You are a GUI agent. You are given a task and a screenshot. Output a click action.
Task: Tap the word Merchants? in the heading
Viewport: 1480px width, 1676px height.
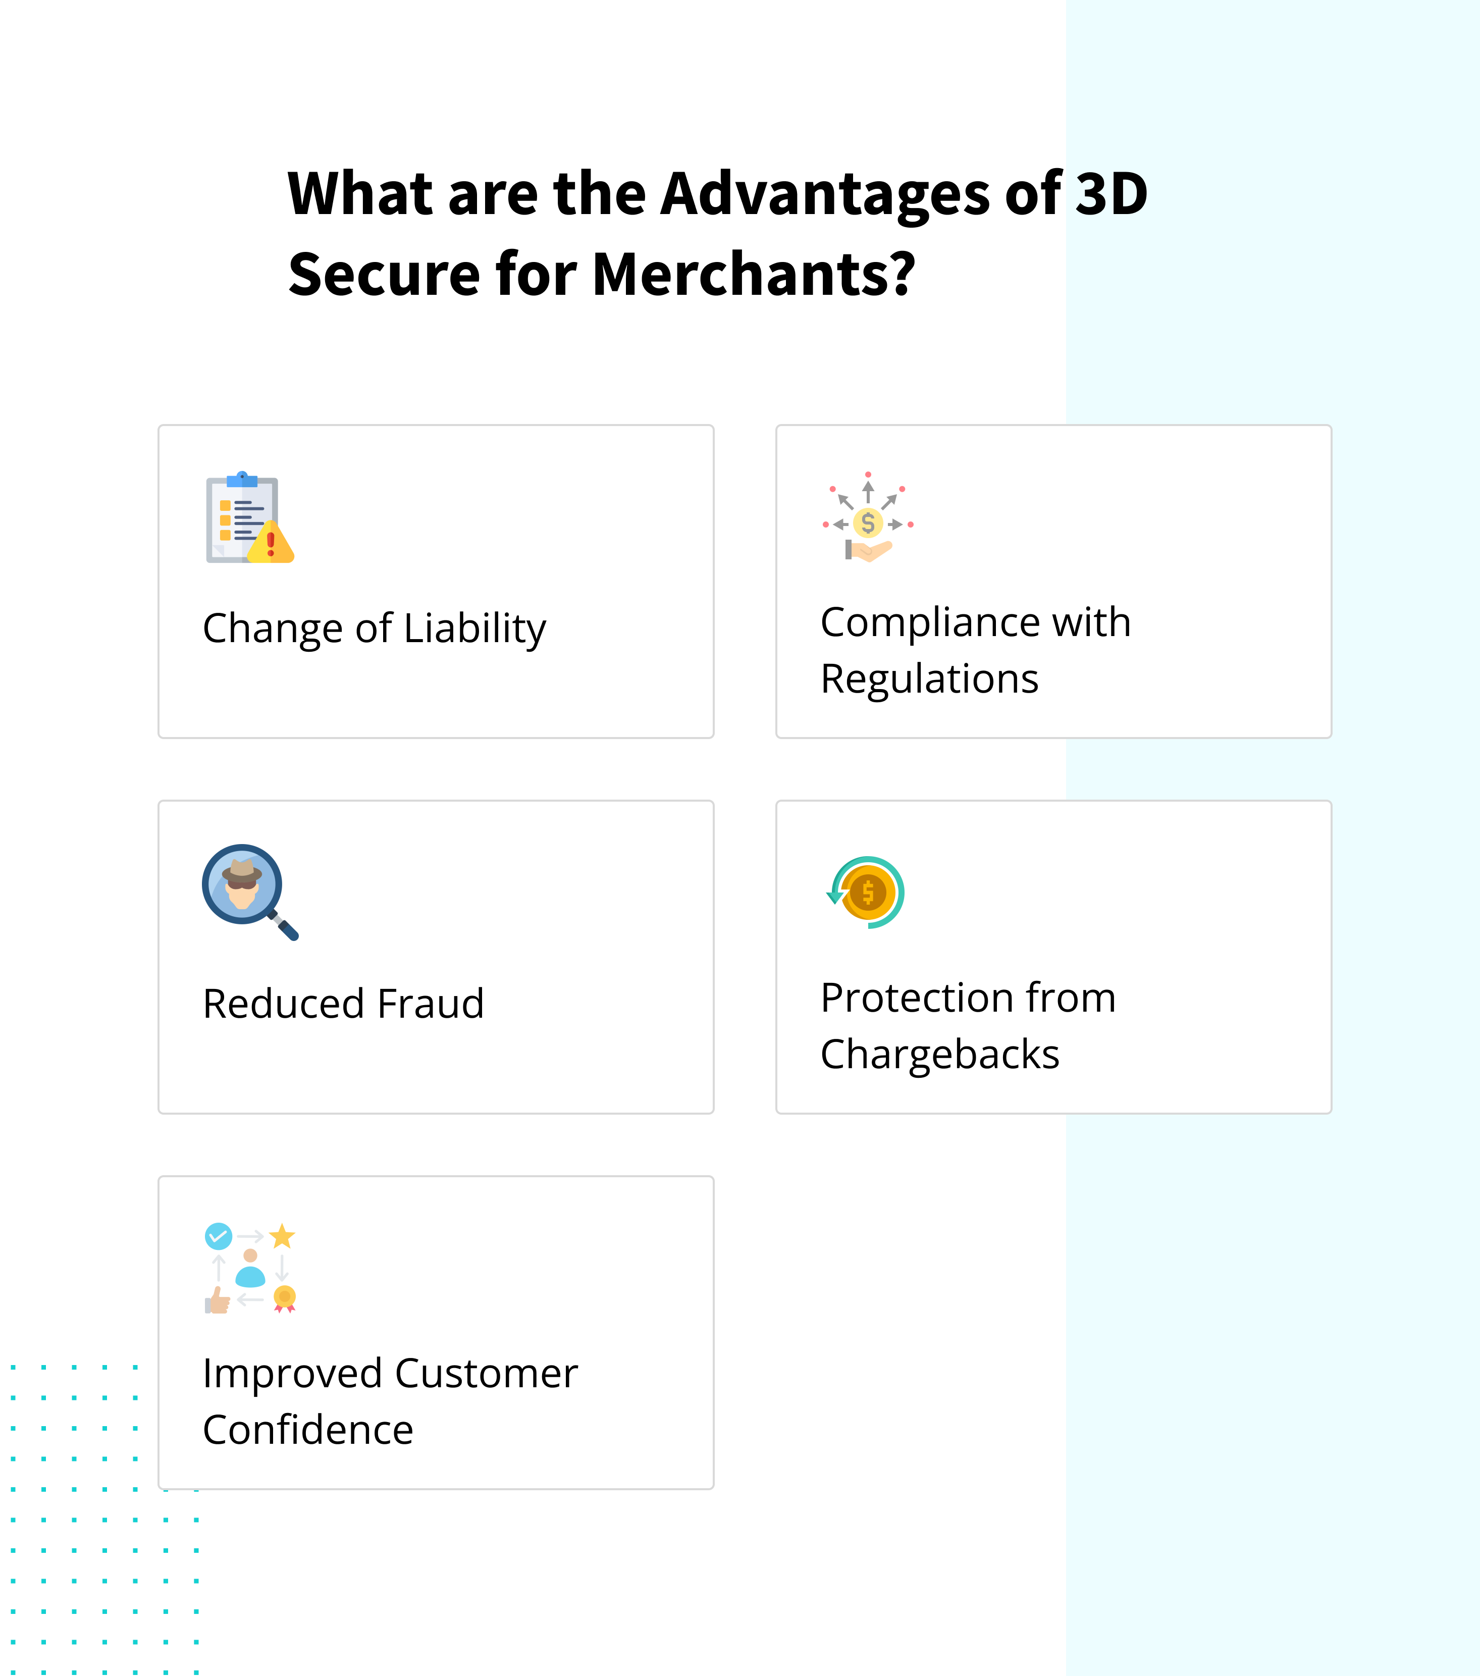click(x=752, y=275)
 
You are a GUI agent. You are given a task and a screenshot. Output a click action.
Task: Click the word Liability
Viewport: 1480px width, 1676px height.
click(x=475, y=630)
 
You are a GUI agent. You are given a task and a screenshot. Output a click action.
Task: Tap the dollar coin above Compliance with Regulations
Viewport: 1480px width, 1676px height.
click(x=868, y=522)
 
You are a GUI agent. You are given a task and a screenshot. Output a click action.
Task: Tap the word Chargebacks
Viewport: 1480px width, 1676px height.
click(x=940, y=1055)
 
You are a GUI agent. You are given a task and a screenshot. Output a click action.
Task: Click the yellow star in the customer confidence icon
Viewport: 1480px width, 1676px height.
click(x=282, y=1236)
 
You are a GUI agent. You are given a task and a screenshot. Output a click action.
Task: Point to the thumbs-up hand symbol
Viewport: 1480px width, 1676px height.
click(x=218, y=1299)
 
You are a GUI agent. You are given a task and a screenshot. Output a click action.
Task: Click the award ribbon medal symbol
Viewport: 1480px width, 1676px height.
click(x=285, y=1298)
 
